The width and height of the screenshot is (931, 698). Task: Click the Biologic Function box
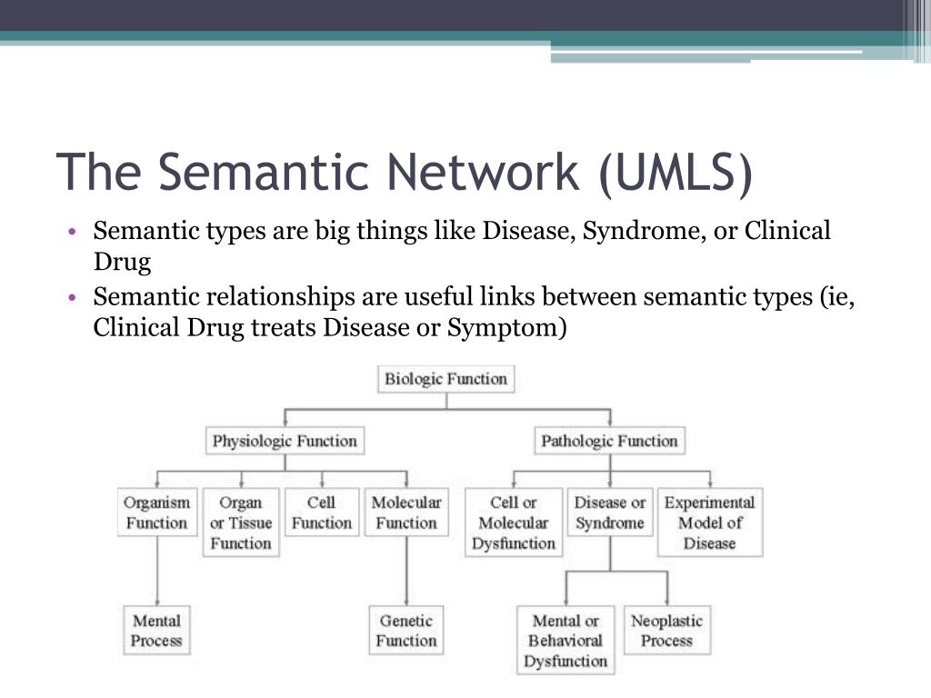[445, 379]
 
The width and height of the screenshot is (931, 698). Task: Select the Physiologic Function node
[285, 441]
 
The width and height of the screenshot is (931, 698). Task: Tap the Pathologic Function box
[610, 441]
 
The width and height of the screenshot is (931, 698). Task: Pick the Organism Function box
[157, 513]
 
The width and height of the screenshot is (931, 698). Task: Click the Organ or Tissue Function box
[241, 523]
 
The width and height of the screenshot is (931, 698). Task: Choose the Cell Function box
[322, 513]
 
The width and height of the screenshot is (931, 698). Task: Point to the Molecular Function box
[406, 513]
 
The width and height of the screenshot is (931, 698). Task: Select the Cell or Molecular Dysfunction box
[514, 523]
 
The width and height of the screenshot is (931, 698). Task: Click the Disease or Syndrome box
[610, 513]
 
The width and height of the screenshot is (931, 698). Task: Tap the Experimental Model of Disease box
[710, 523]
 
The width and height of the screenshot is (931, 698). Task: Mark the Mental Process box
[156, 631]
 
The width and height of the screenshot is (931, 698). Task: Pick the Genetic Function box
[406, 631]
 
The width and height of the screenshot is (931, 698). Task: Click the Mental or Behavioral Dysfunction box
[566, 641]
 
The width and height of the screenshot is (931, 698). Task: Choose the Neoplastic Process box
[666, 631]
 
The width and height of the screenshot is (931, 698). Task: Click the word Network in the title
[483, 172]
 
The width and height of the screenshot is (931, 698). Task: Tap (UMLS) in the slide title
[676, 173]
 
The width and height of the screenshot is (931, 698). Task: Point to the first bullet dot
[73, 231]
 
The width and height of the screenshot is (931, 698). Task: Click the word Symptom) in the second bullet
[507, 328]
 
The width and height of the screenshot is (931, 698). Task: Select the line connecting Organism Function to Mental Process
[157, 571]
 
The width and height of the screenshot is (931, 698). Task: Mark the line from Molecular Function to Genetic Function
[406, 571]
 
